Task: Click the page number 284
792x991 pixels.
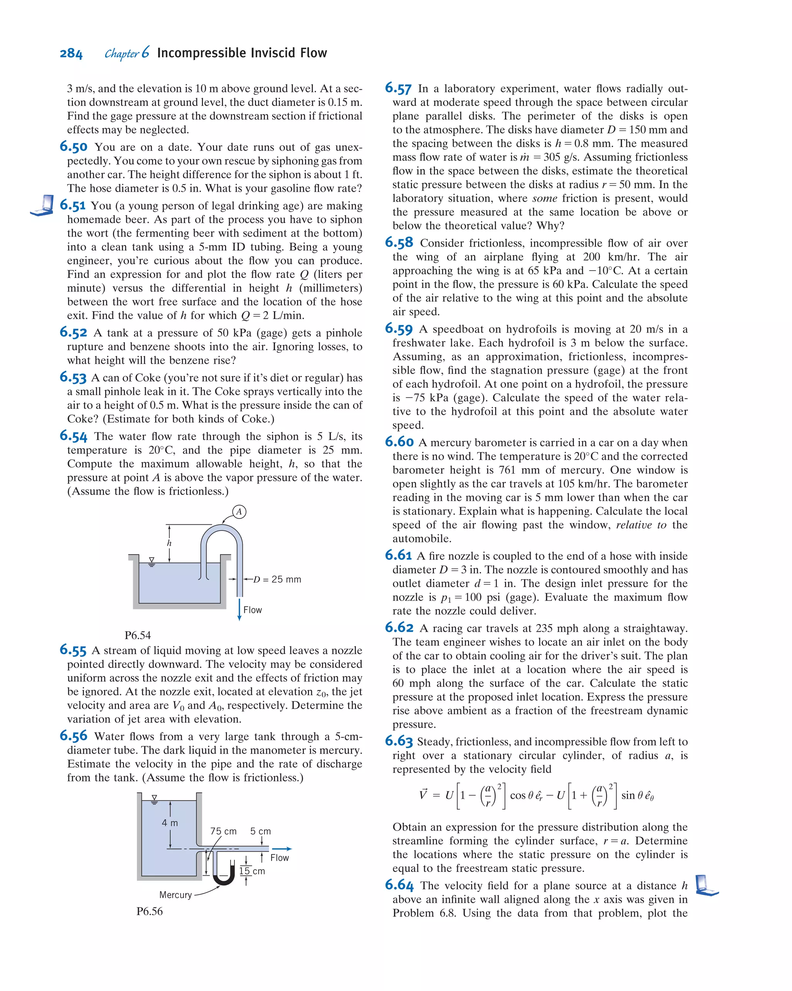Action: click(71, 54)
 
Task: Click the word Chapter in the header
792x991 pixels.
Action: click(121, 54)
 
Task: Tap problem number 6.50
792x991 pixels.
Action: click(73, 147)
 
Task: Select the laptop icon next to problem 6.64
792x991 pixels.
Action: click(706, 885)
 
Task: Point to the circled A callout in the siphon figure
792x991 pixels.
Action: click(239, 512)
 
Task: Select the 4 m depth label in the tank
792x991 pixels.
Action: click(170, 823)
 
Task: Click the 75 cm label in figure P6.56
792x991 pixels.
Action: click(224, 831)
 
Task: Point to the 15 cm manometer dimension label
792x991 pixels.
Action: click(252, 871)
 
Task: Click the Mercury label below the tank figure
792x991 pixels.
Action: click(175, 894)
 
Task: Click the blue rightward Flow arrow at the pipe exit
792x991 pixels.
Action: click(281, 848)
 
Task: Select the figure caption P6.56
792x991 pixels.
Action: click(149, 911)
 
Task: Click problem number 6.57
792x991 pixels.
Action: click(398, 88)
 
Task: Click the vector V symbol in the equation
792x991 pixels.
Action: click(423, 794)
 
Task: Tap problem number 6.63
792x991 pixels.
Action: click(399, 741)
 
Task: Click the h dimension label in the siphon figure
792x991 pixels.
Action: click(169, 543)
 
